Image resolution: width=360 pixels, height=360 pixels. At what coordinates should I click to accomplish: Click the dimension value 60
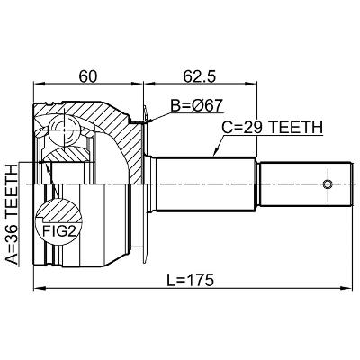tap(88, 76)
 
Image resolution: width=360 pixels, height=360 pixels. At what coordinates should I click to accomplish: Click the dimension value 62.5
tap(200, 76)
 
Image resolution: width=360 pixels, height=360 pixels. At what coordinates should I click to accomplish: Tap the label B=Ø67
tap(197, 105)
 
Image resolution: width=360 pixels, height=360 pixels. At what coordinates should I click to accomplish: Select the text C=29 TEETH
tap(273, 128)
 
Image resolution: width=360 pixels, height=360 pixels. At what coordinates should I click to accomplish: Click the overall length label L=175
tap(190, 280)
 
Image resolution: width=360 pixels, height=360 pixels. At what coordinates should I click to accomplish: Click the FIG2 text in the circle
tap(58, 231)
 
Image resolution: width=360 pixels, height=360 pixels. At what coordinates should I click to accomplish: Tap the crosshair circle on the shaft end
tap(328, 184)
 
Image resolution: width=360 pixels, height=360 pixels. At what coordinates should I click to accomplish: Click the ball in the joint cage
tap(65, 130)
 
